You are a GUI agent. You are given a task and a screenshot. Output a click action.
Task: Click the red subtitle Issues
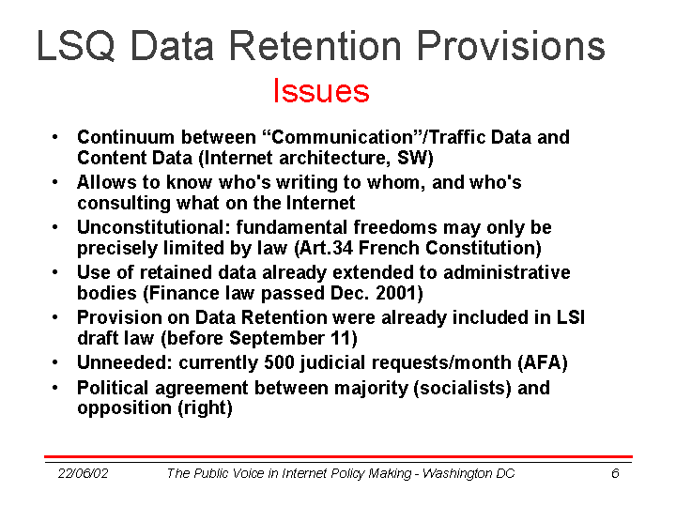[321, 90]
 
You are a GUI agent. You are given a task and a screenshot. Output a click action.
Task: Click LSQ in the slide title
[76, 46]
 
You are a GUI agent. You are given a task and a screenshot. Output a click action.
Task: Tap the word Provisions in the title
[512, 45]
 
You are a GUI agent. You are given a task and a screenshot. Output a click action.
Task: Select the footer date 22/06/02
[83, 473]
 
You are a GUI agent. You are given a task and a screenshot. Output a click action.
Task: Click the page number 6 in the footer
[615, 473]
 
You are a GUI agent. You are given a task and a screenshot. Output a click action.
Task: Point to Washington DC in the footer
[469, 473]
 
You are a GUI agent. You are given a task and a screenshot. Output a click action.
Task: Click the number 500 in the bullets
[279, 362]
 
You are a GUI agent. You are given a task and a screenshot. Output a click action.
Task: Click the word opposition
[125, 407]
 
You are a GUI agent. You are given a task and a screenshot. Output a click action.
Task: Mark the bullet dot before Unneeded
[54, 362]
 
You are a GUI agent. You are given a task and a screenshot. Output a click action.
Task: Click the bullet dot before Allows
[54, 182]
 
